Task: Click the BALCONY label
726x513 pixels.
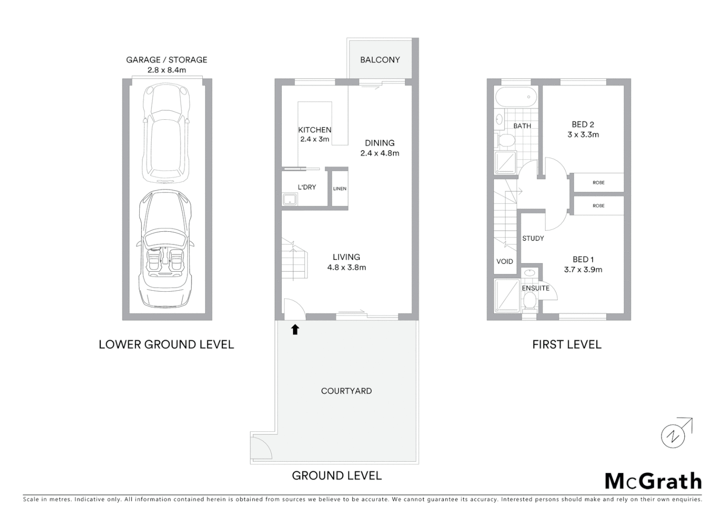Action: pyautogui.click(x=380, y=60)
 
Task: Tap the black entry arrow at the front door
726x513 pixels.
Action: pyautogui.click(x=295, y=329)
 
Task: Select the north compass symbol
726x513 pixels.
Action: pyautogui.click(x=674, y=435)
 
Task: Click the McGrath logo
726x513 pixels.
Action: pyautogui.click(x=653, y=481)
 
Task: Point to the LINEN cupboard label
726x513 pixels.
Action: pyautogui.click(x=340, y=189)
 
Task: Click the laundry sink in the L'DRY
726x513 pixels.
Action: pyautogui.click(x=290, y=199)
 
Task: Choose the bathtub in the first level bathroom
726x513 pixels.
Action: pyautogui.click(x=516, y=97)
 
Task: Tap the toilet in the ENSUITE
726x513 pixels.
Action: pyautogui.click(x=529, y=300)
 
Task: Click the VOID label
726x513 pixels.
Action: pyautogui.click(x=505, y=261)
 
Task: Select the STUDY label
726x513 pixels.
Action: pyautogui.click(x=533, y=238)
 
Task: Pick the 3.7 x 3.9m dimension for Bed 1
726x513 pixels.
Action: pyautogui.click(x=583, y=270)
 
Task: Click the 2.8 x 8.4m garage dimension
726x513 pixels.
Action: pyautogui.click(x=166, y=70)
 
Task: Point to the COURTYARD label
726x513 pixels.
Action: pyautogui.click(x=346, y=391)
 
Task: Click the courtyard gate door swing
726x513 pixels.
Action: pyautogui.click(x=261, y=448)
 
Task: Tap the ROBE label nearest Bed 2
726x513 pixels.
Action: pyautogui.click(x=599, y=183)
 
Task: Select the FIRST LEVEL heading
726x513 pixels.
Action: pyautogui.click(x=567, y=345)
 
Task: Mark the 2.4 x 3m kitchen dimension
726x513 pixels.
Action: pyautogui.click(x=315, y=139)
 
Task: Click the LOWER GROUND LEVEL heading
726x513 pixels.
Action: pyautogui.click(x=166, y=345)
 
